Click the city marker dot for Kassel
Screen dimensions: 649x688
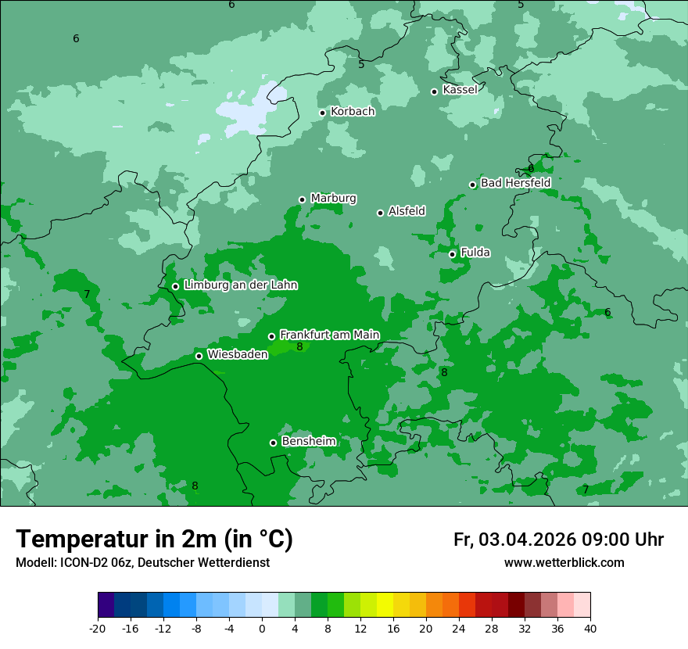435,91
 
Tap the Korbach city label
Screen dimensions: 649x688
353,112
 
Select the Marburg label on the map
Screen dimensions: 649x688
333,199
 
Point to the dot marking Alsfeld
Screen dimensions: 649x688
381,213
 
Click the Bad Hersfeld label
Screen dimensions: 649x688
515,183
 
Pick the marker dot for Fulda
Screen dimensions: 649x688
453,254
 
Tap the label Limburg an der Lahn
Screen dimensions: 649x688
240,285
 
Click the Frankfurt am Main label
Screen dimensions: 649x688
329,335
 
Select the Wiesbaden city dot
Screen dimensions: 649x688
199,356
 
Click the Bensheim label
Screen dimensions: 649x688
308,442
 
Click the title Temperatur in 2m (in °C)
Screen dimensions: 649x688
155,540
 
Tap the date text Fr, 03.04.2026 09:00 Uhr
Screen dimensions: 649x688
558,540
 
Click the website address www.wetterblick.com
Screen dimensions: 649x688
564,563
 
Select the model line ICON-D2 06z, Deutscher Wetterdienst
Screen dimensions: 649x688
142,563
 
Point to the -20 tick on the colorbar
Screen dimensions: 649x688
98,628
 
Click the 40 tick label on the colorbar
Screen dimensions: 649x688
589,628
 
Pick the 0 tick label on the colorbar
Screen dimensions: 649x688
262,628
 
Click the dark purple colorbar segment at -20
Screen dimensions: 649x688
106,605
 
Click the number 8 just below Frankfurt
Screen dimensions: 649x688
299,346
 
